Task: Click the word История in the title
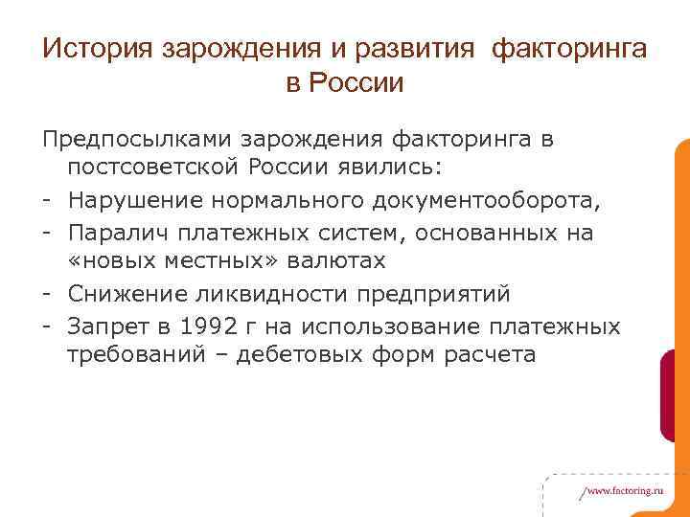coord(99,48)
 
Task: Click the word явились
coord(393,170)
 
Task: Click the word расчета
coord(476,354)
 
